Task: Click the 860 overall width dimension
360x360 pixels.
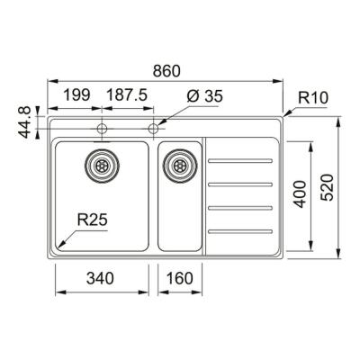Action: pyautogui.click(x=167, y=68)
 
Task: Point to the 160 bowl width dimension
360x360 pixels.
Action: pyautogui.click(x=181, y=279)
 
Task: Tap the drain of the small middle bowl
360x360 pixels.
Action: pyautogui.click(x=179, y=164)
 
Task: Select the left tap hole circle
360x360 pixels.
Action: pyautogui.click(x=101, y=129)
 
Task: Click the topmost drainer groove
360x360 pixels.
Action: pyautogui.click(x=239, y=160)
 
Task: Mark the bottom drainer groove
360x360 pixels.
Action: pyautogui.click(x=239, y=234)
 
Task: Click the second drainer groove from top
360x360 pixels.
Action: pyautogui.click(x=239, y=184)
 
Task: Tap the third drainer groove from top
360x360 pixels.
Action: pyautogui.click(x=239, y=210)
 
